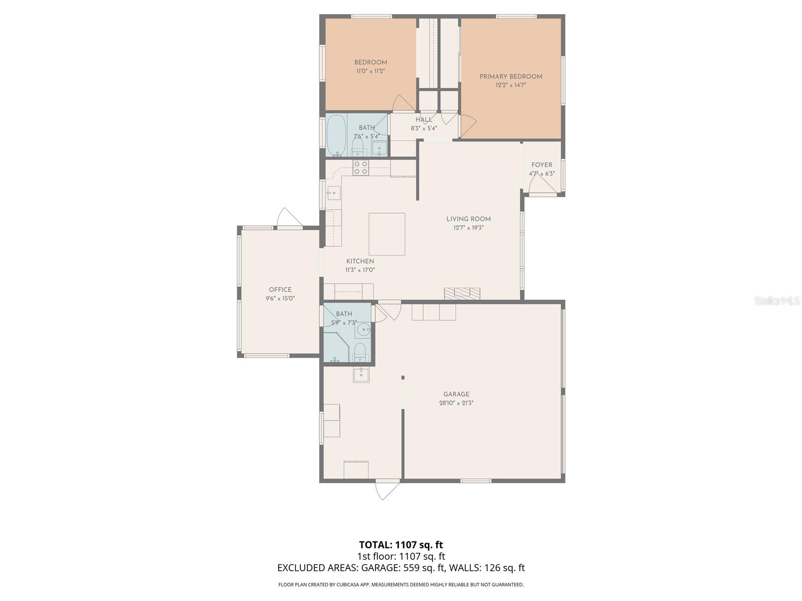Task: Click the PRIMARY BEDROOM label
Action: coord(511,77)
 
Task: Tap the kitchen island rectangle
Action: coord(387,234)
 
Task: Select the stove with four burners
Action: coord(361,168)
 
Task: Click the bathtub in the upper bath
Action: coord(336,135)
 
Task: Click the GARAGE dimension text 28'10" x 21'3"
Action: coord(456,403)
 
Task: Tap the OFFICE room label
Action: coord(280,289)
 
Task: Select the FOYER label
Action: coord(542,165)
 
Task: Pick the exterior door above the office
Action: coord(289,218)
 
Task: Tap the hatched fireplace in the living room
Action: coord(462,293)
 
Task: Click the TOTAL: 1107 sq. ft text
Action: coord(401,544)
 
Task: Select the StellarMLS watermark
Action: coord(777,301)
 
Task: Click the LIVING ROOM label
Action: coord(469,219)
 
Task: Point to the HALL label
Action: coord(424,120)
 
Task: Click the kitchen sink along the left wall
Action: coord(333,192)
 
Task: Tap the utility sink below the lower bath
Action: coord(361,375)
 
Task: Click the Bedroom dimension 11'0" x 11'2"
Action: coord(371,71)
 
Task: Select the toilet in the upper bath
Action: coord(357,146)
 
